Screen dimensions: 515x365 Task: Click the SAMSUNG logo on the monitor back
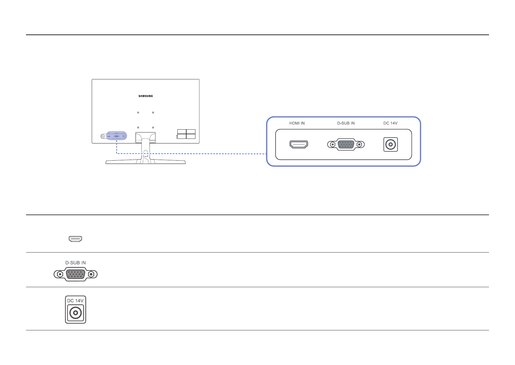point(146,96)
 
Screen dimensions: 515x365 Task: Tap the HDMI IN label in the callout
point(297,123)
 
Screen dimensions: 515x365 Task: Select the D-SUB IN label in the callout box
point(346,123)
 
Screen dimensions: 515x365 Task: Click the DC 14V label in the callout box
point(391,123)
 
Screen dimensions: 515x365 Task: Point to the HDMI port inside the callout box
point(299,144)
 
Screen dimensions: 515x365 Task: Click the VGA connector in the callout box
point(346,144)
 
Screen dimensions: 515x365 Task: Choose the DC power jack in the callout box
point(391,144)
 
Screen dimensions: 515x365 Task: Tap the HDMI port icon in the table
point(75,239)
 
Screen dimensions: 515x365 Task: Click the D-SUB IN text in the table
point(76,263)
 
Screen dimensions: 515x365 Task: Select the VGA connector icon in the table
point(76,274)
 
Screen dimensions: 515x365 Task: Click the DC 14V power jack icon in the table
point(76,313)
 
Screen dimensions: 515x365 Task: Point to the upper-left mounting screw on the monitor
point(138,112)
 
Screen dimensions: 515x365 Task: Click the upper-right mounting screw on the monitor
point(153,112)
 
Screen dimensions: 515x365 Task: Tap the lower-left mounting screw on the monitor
point(138,127)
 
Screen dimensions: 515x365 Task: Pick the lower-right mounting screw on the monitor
point(153,127)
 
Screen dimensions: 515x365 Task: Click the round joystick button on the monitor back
point(103,136)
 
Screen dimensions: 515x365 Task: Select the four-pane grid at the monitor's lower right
point(186,134)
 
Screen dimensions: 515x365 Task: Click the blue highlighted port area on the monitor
point(117,135)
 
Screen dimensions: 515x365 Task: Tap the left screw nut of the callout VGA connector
point(332,144)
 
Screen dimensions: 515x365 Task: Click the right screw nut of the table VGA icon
point(91,274)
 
